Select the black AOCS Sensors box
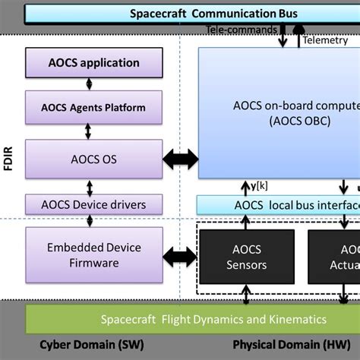tap(246, 256)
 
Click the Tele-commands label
tap(240, 30)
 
